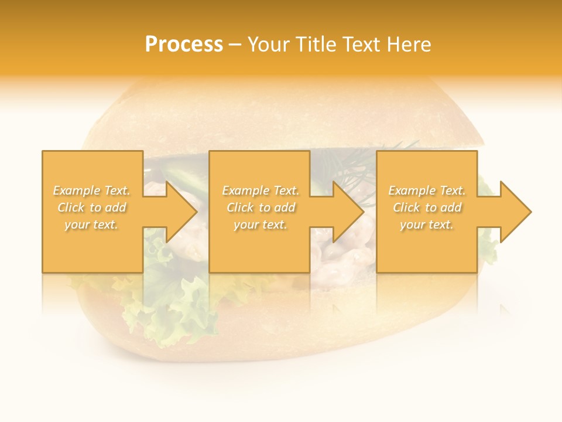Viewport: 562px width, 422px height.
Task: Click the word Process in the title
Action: [184, 45]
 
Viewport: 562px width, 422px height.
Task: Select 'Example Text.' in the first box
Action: [91, 190]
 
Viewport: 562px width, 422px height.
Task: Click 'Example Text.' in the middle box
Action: [261, 190]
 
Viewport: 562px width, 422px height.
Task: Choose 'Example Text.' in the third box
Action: [427, 190]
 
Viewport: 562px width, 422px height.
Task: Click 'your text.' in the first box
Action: [91, 224]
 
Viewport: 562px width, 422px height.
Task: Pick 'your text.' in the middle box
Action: [261, 224]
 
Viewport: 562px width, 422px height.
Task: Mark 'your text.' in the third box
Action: [427, 224]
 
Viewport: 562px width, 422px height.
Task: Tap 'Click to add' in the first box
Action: [91, 207]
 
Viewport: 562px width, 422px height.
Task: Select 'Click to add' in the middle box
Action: [261, 207]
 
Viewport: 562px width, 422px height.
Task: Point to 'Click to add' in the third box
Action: [427, 207]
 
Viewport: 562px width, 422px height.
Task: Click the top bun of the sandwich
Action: [281, 117]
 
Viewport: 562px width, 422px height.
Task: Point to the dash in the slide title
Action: [235, 45]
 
